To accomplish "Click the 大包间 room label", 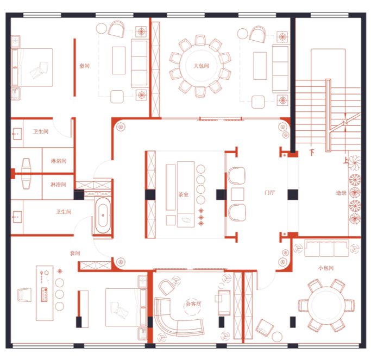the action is pos(201,66).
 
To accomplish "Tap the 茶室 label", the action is pos(184,195).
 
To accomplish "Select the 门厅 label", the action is pos(269,193).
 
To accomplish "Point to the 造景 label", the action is pos(341,193).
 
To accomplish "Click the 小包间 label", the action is pos(326,268).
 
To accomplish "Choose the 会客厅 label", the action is pos(193,304).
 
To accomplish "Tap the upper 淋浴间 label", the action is pos(59,161).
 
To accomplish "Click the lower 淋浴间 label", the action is pos(58,184).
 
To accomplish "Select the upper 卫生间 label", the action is pos(40,131).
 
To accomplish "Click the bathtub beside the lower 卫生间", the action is pos(103,215).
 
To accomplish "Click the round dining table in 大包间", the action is pos(201,66).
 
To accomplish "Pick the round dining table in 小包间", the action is pos(326,305).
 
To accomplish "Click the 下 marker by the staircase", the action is pos(312,153).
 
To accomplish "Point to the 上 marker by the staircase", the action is pos(345,161).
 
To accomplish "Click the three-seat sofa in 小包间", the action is pos(326,248).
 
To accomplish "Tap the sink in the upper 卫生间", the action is pos(17,134).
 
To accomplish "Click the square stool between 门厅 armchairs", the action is pos(237,194).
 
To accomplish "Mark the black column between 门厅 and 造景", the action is pos(293,194).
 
